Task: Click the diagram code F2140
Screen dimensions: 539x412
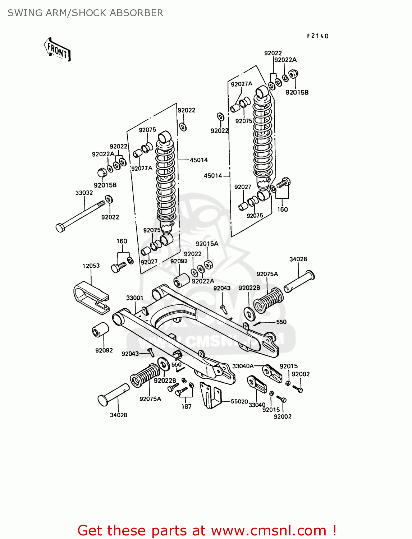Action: pos(318,36)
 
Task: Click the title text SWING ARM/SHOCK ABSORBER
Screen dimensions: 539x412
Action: pos(85,13)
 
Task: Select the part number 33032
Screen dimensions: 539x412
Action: pos(84,193)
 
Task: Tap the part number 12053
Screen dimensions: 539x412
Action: pos(91,266)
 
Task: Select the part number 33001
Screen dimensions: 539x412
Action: pos(135,298)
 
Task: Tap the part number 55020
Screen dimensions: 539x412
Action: pos(239,401)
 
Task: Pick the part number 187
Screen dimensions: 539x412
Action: pos(186,406)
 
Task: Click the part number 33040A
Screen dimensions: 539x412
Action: pos(243,366)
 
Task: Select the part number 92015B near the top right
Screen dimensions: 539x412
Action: pos(297,92)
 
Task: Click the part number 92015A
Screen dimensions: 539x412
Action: pos(207,244)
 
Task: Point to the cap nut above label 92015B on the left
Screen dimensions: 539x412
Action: pos(102,172)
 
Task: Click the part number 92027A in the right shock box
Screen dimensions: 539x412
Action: pos(242,84)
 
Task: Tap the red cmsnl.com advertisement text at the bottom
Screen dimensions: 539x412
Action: pos(207,530)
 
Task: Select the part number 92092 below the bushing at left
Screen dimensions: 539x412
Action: pos(104,350)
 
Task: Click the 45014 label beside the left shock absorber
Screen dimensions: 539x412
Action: pos(199,160)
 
